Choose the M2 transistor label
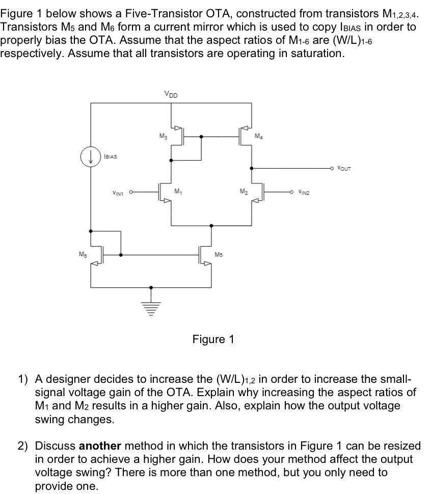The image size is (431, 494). pos(244,192)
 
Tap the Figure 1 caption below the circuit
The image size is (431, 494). pos(213,339)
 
